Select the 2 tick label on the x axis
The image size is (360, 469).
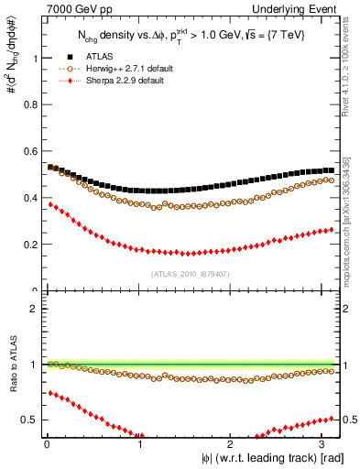pyautogui.click(x=233, y=444)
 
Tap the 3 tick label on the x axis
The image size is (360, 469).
pyautogui.click(x=325, y=444)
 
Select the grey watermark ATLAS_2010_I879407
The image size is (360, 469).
pyautogui.click(x=190, y=274)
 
